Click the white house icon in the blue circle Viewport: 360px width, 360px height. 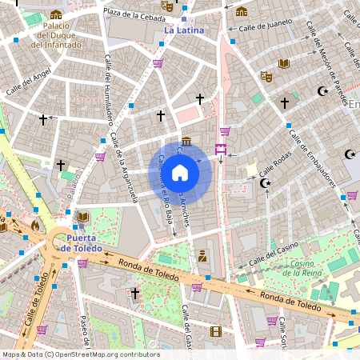click(180, 172)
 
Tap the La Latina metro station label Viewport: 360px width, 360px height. click(183, 30)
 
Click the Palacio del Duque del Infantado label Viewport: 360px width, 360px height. click(56, 35)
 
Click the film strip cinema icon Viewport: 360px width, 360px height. click(215, 331)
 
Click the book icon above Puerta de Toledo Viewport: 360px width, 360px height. click(82, 217)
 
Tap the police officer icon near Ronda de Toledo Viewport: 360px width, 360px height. click(202, 257)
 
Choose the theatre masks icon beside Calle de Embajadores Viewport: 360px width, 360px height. click(266, 76)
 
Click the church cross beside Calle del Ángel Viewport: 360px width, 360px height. click(43, 120)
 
